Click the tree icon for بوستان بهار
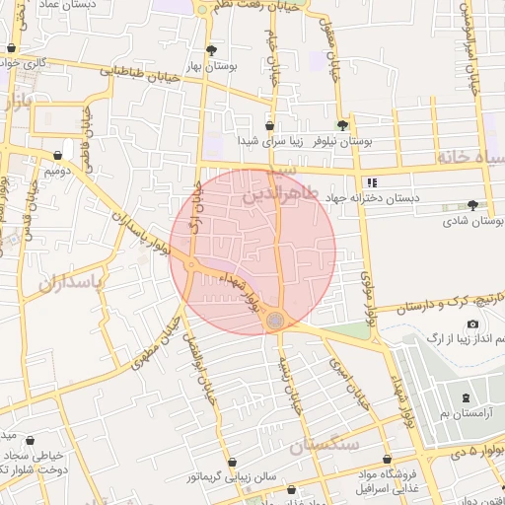point(211,49)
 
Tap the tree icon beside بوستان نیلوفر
point(342,125)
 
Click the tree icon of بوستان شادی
point(473,205)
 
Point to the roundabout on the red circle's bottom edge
point(275,320)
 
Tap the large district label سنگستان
point(325,445)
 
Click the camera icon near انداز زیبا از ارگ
point(472,325)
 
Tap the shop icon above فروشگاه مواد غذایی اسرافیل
point(387,459)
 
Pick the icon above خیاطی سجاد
point(30,441)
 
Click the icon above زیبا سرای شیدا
point(269,125)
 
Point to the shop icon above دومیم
point(57,155)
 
